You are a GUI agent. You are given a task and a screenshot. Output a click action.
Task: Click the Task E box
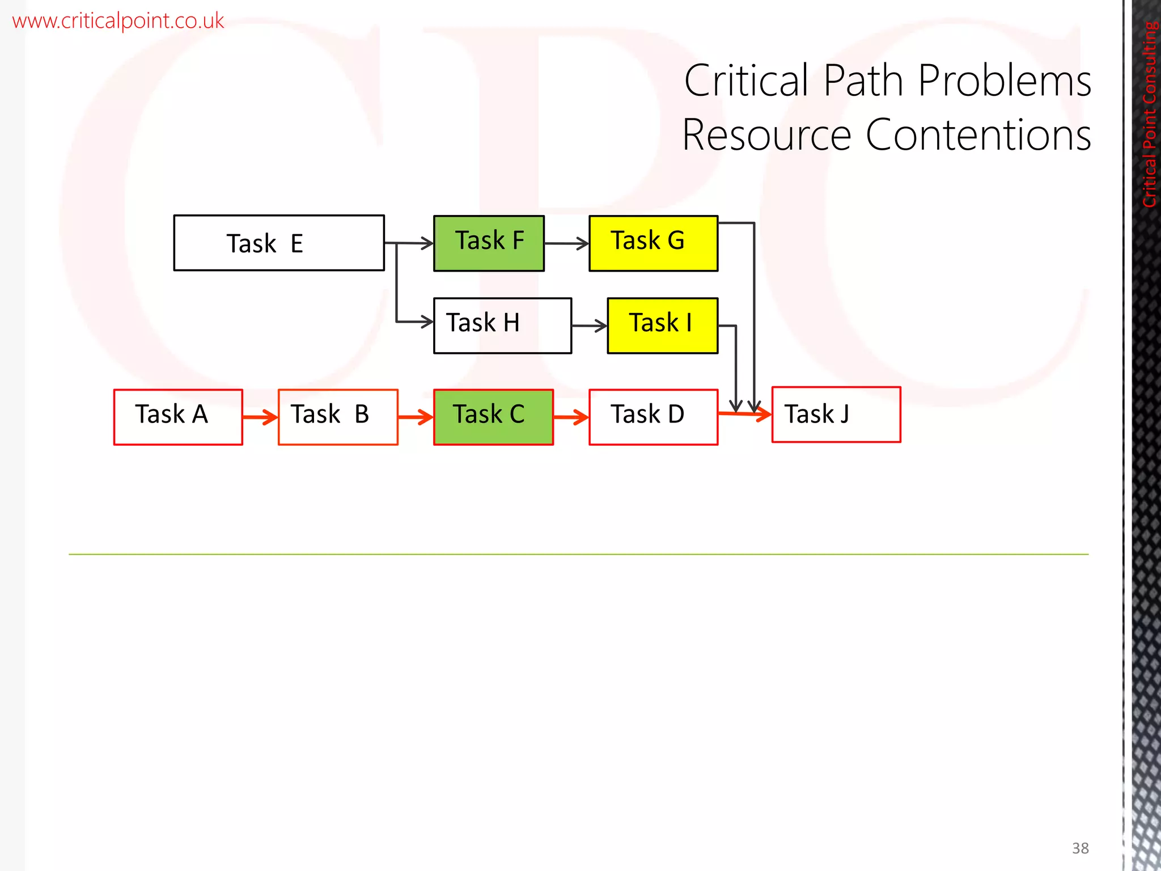(278, 243)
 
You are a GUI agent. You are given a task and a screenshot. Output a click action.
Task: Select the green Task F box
(489, 243)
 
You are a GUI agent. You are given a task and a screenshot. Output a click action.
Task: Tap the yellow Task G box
(653, 243)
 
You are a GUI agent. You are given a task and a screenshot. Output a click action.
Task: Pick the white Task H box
(502, 325)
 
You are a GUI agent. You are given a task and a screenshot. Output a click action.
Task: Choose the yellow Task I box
(662, 325)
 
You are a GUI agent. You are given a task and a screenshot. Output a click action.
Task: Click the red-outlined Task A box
(178, 417)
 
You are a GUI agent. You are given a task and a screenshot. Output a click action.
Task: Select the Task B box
(338, 417)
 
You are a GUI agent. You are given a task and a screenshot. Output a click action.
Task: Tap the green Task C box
(493, 417)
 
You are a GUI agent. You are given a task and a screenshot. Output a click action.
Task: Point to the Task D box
(653, 417)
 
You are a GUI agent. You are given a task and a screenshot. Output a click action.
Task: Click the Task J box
(836, 415)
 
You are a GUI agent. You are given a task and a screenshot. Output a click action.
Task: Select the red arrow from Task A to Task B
(260, 418)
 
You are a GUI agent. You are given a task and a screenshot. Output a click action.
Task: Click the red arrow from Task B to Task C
(416, 418)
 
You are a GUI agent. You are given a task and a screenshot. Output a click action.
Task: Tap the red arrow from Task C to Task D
(571, 418)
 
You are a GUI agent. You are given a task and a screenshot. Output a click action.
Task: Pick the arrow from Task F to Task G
(566, 244)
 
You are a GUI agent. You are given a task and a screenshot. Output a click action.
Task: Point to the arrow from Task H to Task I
(589, 326)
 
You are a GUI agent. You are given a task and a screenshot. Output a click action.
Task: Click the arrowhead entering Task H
(427, 322)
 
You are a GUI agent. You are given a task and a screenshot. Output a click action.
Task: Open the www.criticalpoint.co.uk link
(118, 21)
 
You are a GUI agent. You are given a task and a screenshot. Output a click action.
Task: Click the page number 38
(1080, 848)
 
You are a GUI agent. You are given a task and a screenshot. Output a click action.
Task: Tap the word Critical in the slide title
(747, 81)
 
